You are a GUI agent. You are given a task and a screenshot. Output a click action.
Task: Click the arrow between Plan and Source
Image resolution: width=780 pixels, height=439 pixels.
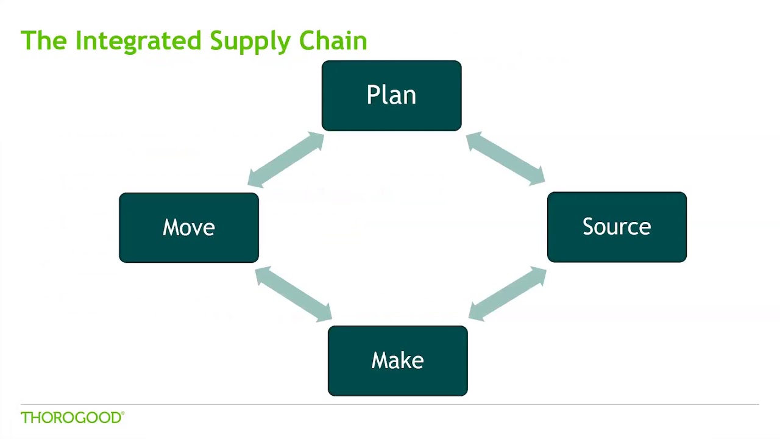(x=505, y=159)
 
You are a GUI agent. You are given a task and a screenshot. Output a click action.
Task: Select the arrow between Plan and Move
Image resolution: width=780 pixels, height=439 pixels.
(x=286, y=159)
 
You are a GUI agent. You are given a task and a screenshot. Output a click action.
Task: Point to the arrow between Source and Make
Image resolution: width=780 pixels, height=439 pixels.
(x=507, y=293)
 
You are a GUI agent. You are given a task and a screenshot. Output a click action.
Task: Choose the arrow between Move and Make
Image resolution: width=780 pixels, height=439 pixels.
(x=293, y=294)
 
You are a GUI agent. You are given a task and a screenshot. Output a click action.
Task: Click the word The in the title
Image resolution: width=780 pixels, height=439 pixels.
(x=44, y=41)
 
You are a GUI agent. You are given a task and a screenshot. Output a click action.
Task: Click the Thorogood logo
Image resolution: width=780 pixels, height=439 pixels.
(x=71, y=418)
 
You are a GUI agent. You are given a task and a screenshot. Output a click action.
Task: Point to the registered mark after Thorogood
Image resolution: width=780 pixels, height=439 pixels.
(x=123, y=413)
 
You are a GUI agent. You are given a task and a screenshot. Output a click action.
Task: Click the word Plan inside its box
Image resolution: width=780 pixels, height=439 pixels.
(x=391, y=95)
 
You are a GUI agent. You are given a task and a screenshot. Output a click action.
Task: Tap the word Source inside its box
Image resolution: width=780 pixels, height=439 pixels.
(x=617, y=227)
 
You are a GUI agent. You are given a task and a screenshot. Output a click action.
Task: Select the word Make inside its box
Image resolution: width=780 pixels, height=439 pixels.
(x=397, y=360)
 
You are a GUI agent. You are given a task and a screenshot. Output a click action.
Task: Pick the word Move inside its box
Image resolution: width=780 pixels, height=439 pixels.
(x=188, y=227)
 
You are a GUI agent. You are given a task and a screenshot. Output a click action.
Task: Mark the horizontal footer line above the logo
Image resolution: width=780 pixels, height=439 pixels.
(x=390, y=404)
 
